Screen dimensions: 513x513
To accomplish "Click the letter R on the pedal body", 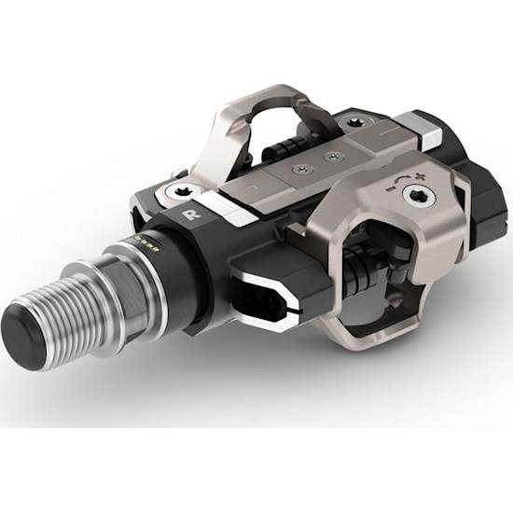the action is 188,215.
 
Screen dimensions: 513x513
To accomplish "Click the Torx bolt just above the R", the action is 182,193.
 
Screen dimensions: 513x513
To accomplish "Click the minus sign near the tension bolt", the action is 390,189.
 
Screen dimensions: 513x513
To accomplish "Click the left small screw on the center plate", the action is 302,169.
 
